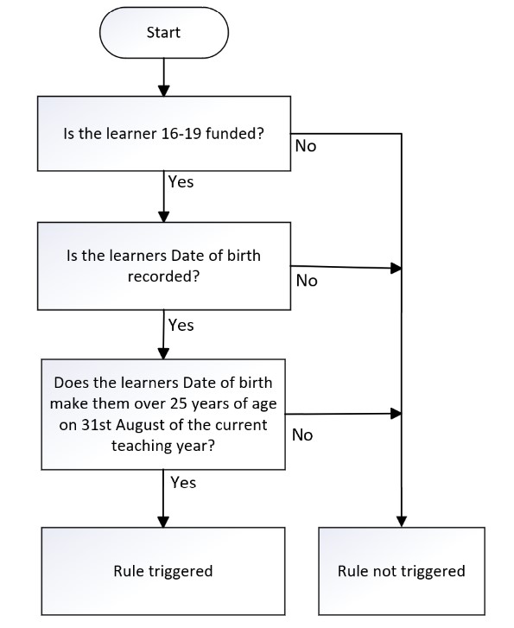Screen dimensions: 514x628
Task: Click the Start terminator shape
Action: pyautogui.click(x=164, y=33)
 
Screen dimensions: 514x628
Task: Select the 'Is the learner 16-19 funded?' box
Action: pyautogui.click(x=164, y=133)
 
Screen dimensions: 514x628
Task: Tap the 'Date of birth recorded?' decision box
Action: pyautogui.click(x=164, y=266)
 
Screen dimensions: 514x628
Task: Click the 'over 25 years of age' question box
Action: pyautogui.click(x=163, y=414)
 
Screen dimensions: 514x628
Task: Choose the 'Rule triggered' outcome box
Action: pyautogui.click(x=163, y=571)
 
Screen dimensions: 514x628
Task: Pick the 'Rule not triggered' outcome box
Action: pyautogui.click(x=402, y=571)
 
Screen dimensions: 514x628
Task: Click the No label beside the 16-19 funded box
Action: pyautogui.click(x=306, y=146)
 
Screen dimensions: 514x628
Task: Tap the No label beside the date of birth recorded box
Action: pyautogui.click(x=307, y=281)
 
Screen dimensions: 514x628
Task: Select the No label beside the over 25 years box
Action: pyautogui.click(x=302, y=435)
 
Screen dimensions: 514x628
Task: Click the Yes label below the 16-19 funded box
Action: pyautogui.click(x=181, y=181)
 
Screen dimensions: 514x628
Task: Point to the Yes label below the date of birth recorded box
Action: pyautogui.click(x=181, y=325)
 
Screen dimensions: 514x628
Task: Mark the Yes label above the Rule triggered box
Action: pyautogui.click(x=183, y=482)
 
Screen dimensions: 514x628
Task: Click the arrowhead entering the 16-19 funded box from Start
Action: pyautogui.click(x=164, y=91)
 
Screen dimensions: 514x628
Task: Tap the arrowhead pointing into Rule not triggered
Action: pyautogui.click(x=402, y=522)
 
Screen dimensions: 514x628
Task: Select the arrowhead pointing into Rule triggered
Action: pyautogui.click(x=163, y=522)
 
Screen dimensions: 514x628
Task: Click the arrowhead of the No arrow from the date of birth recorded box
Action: pyautogui.click(x=397, y=269)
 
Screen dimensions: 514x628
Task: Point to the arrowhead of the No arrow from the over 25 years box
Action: pyautogui.click(x=397, y=414)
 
